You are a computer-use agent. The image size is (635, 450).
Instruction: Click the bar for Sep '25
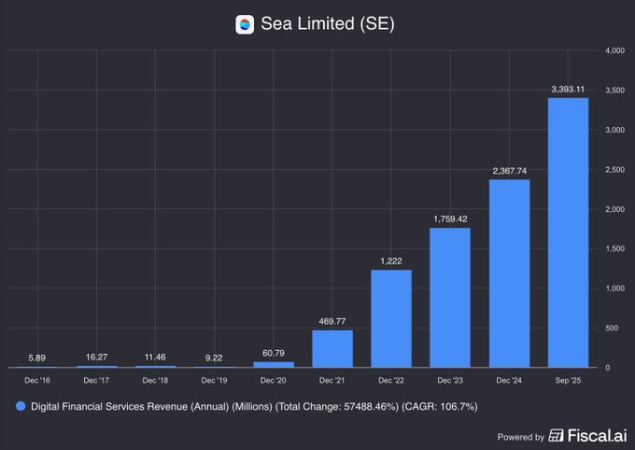[x=567, y=232]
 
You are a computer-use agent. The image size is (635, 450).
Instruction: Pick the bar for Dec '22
[x=390, y=318]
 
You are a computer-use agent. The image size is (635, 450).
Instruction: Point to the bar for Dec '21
[x=332, y=348]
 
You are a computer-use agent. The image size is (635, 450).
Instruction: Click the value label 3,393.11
[x=567, y=89]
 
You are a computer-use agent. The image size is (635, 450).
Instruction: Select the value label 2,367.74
[x=508, y=170]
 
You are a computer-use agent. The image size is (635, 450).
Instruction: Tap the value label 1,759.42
[x=449, y=218]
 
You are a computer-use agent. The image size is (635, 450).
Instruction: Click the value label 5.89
[x=37, y=358]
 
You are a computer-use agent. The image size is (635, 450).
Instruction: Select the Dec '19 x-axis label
[x=214, y=380]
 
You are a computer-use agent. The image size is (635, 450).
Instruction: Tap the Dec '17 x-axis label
[x=96, y=380]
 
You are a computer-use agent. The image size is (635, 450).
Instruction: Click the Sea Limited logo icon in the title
[x=245, y=25]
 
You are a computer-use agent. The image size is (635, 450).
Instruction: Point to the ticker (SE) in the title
[x=377, y=25]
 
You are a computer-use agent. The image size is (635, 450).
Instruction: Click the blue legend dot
[x=20, y=407]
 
